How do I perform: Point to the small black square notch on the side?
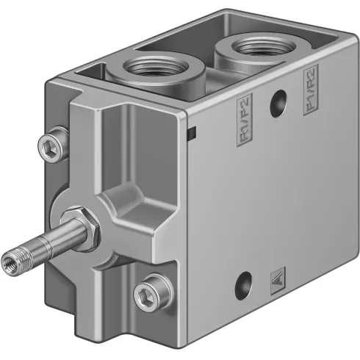coord(190,133)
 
